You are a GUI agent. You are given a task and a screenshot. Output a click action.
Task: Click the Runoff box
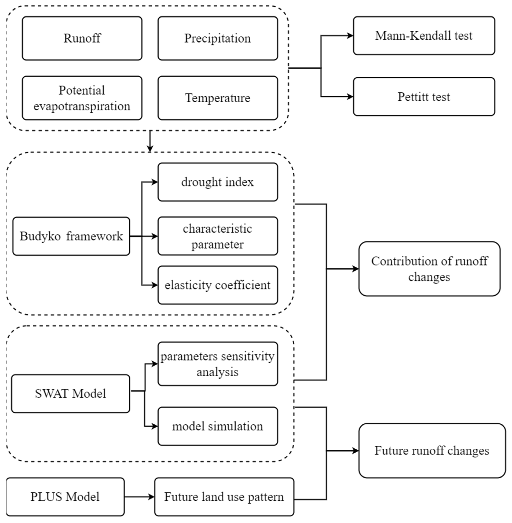[x=82, y=38]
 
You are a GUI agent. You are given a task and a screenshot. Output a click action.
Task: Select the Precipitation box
[x=218, y=38]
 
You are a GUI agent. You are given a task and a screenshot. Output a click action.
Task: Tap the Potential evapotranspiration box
[x=82, y=98]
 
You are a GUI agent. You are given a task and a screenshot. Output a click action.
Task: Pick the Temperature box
[x=218, y=98]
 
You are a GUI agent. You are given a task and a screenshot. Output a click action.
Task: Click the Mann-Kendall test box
[x=424, y=36]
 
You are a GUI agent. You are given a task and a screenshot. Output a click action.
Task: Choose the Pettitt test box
[x=424, y=97]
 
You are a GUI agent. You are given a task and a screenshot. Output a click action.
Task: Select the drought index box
[x=218, y=182]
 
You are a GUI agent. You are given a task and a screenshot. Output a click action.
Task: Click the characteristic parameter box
[x=218, y=236]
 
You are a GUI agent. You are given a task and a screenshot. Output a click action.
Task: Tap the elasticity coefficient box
[x=218, y=285]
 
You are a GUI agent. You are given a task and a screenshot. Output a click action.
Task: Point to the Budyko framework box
[x=71, y=236]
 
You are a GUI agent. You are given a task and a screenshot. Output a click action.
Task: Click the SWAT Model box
[x=70, y=393]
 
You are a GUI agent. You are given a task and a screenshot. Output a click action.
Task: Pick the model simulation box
[x=218, y=426]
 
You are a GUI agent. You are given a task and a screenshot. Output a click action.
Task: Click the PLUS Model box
[x=65, y=497]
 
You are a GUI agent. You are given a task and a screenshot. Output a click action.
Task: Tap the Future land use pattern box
[x=224, y=497]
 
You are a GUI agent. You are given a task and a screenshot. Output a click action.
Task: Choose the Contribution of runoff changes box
[x=429, y=269]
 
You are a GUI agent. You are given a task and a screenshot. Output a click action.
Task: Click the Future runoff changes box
[x=432, y=451]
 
